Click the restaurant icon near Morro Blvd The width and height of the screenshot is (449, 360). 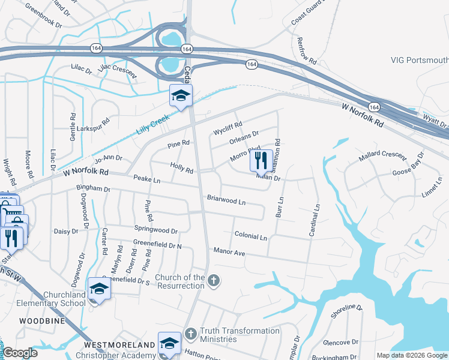[x=261, y=160]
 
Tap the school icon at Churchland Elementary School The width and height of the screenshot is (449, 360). [x=99, y=289]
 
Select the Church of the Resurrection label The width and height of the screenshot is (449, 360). [x=180, y=281]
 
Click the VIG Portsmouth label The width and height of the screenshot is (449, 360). [x=419, y=60]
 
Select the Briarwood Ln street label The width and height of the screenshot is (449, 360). [x=226, y=199]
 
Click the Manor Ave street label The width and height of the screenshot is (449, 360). [x=229, y=253]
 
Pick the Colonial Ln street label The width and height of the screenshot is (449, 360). [x=250, y=236]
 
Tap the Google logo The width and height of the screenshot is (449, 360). [x=20, y=353]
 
